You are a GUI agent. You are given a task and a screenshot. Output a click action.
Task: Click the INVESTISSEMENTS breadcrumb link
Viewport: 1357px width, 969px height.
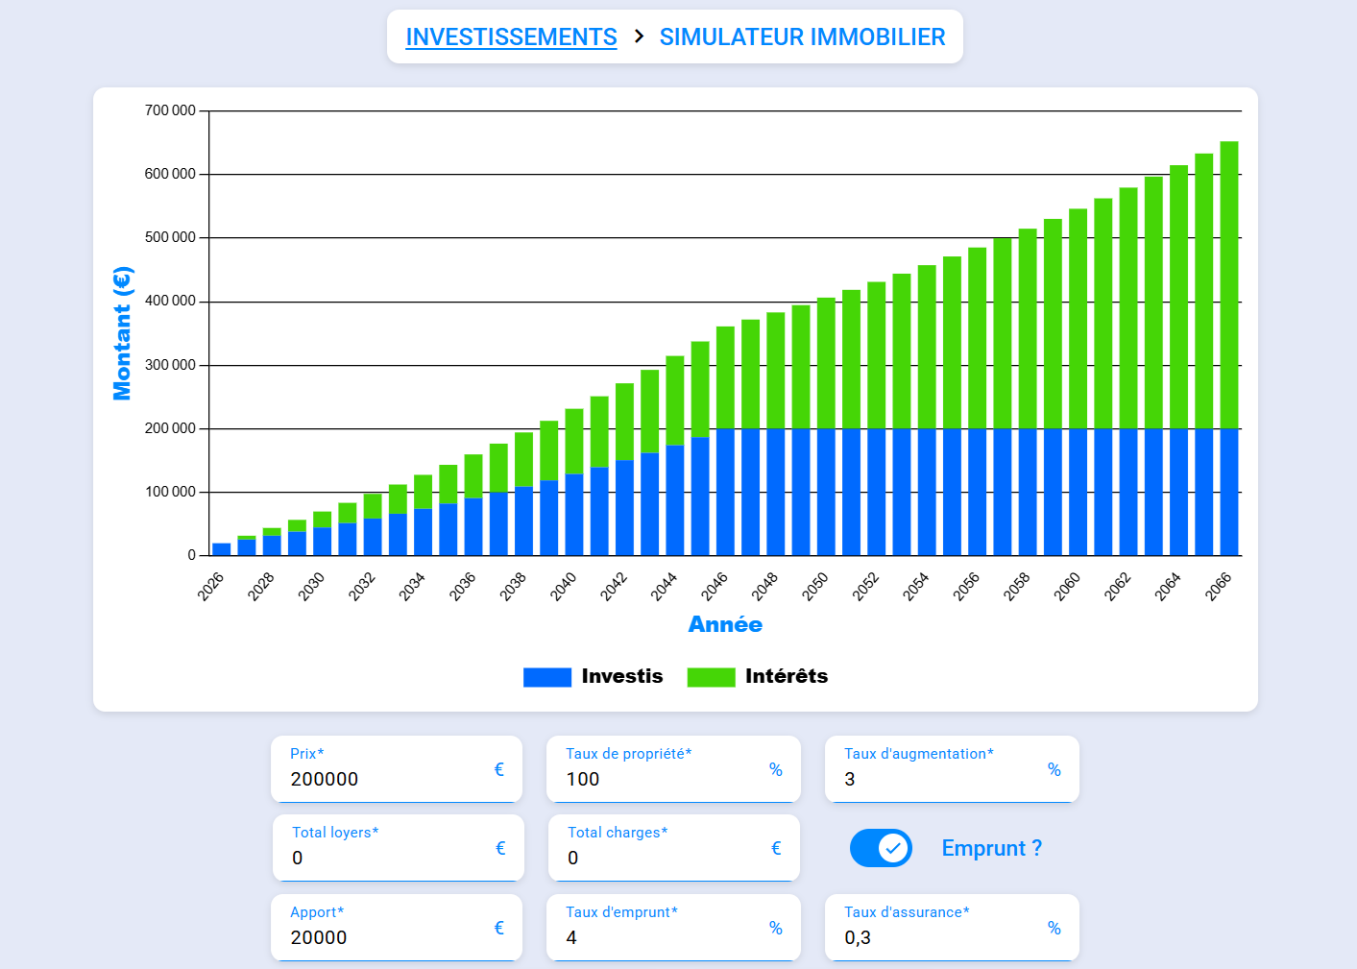(511, 37)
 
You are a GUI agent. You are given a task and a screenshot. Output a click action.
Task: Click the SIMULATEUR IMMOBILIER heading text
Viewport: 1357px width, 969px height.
(802, 37)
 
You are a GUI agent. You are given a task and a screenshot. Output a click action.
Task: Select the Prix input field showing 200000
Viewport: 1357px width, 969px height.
(384, 779)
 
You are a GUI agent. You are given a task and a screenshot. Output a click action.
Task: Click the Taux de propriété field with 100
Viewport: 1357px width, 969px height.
(663, 779)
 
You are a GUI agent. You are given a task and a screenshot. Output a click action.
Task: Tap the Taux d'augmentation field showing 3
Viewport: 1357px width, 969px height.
(941, 779)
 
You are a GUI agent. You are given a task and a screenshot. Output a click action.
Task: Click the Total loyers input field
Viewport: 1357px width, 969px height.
(384, 858)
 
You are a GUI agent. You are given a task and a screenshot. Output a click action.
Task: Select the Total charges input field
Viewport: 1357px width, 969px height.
(663, 858)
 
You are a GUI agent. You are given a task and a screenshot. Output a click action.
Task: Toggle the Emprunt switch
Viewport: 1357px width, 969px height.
(881, 848)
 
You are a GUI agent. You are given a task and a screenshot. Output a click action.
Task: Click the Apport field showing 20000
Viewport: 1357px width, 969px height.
(384, 937)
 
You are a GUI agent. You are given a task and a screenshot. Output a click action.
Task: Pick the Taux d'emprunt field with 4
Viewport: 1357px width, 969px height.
(663, 937)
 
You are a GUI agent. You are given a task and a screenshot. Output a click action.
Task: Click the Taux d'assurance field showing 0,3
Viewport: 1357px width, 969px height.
(941, 937)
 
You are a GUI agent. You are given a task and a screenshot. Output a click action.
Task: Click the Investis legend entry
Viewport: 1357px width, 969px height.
(594, 676)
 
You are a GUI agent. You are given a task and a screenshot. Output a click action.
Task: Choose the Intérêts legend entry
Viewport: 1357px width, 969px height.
(758, 676)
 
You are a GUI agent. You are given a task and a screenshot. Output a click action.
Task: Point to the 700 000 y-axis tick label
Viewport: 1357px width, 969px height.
(170, 110)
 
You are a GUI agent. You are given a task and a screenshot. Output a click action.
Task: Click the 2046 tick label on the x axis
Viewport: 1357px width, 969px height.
(715, 586)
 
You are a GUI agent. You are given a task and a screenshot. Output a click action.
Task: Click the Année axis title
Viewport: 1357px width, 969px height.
(725, 624)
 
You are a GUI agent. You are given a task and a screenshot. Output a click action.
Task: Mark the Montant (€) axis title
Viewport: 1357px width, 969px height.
(122, 333)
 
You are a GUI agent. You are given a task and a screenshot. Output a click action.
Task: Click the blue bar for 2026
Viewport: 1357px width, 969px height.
(222, 549)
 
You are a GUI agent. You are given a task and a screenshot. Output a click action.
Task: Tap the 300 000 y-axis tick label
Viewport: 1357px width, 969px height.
(170, 365)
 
